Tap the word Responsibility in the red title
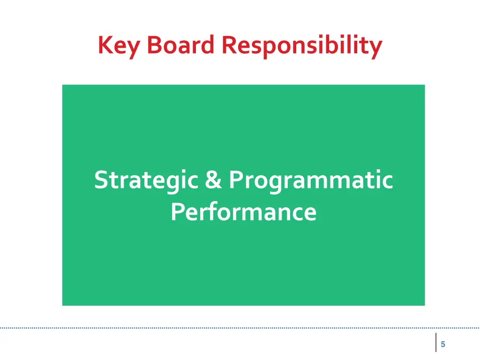(302, 46)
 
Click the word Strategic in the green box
(146, 180)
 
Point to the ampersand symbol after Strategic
(213, 180)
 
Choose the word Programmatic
(311, 180)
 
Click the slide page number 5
(442, 345)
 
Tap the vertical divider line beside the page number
(436, 342)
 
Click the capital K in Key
(105, 45)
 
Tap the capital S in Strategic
(101, 180)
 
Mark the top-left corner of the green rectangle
(63, 85)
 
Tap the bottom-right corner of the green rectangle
(424, 305)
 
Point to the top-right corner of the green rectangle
(424, 85)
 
